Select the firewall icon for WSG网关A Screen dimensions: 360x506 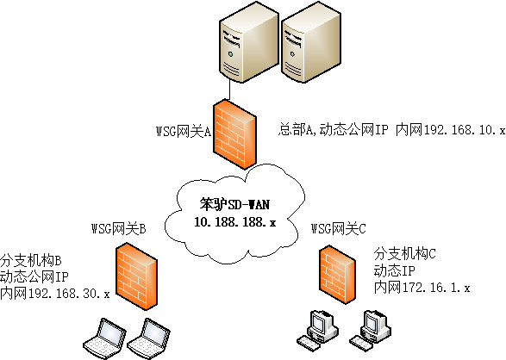tap(236, 134)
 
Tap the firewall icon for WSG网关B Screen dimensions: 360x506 tap(136, 276)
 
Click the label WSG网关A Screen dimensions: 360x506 tap(183, 132)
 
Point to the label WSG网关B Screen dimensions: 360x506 tap(118, 229)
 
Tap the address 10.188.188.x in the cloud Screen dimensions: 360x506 tap(234, 222)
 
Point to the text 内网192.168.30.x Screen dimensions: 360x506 tap(55, 294)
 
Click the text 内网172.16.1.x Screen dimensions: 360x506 tap(422, 288)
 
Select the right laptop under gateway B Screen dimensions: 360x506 tap(152, 338)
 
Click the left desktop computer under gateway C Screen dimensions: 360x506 tap(317, 331)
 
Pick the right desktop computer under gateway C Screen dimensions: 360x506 tap(369, 331)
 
